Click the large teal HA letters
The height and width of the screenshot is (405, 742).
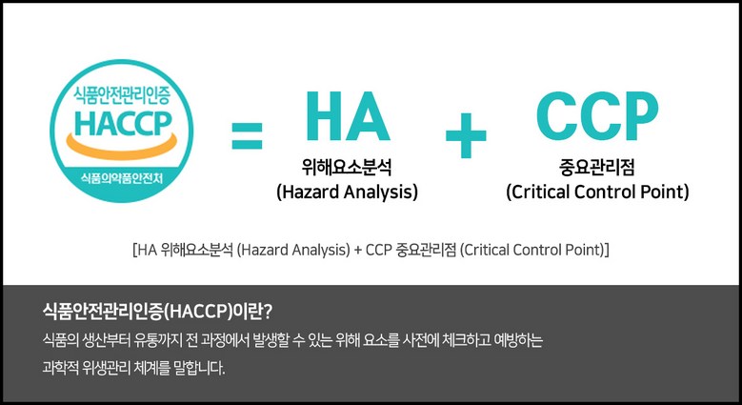click(348, 116)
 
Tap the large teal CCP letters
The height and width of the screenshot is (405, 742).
click(597, 116)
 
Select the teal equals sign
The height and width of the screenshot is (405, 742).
click(247, 136)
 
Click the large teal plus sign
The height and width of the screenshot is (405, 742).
click(466, 135)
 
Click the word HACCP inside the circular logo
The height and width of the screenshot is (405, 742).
click(123, 123)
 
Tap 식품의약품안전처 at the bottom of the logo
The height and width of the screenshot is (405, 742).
click(122, 178)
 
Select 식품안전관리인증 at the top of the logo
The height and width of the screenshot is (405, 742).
click(122, 94)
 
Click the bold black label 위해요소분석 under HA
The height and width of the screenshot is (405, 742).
click(347, 167)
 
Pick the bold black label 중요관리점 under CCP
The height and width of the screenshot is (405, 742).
click(596, 167)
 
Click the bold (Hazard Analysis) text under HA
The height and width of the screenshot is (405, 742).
click(348, 192)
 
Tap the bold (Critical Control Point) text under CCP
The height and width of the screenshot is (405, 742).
click(597, 192)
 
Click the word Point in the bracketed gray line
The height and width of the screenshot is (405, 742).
click(583, 250)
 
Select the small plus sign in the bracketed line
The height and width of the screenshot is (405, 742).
click(358, 250)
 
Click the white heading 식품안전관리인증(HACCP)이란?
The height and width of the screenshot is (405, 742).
click(157, 312)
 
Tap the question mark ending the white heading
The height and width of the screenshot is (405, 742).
click(268, 312)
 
